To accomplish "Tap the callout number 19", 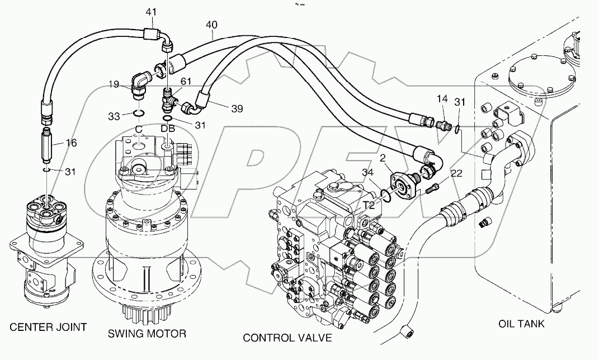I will click(x=114, y=84).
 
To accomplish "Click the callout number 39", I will click(x=237, y=109).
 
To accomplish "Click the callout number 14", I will click(x=442, y=99).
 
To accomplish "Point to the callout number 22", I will click(x=456, y=174).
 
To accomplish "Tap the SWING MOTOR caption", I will click(x=147, y=334).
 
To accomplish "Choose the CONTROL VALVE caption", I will click(x=287, y=338).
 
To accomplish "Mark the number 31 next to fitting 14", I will click(x=460, y=102).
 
